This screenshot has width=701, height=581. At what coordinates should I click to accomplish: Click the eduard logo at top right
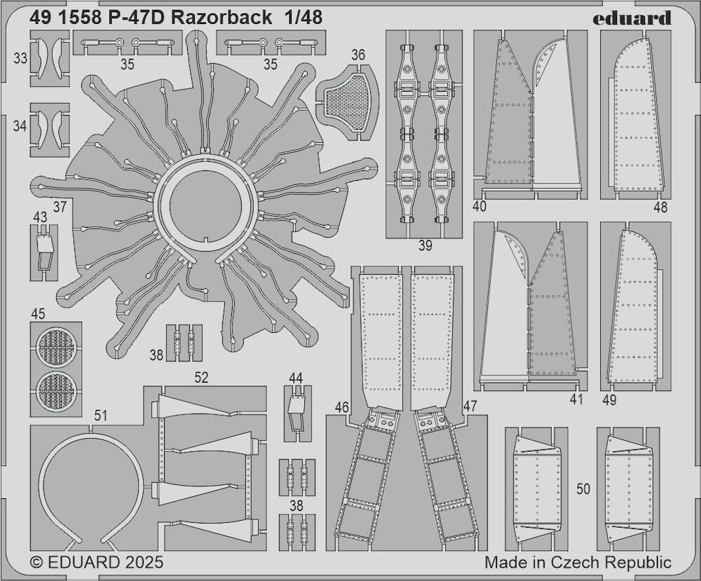coord(632,18)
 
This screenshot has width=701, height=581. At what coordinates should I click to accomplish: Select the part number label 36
coord(358,55)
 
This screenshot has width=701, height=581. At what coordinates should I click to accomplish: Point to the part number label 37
coord(60,207)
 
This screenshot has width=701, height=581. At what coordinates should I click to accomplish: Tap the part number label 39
coord(426,245)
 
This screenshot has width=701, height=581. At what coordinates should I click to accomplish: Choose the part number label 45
coord(39,314)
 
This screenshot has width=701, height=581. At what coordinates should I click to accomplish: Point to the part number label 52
coord(202,377)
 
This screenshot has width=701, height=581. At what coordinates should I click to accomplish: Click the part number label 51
coord(100,416)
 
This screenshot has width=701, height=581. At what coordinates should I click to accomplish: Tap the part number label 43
coord(40,217)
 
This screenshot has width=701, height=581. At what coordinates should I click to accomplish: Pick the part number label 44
coord(296,378)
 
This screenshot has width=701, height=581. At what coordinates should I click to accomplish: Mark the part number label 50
coord(583,489)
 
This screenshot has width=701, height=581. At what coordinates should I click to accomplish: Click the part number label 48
coord(660,207)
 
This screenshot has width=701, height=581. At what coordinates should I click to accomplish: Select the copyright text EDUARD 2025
coord(97,562)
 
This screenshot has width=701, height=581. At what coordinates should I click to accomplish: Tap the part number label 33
coord(20,58)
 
